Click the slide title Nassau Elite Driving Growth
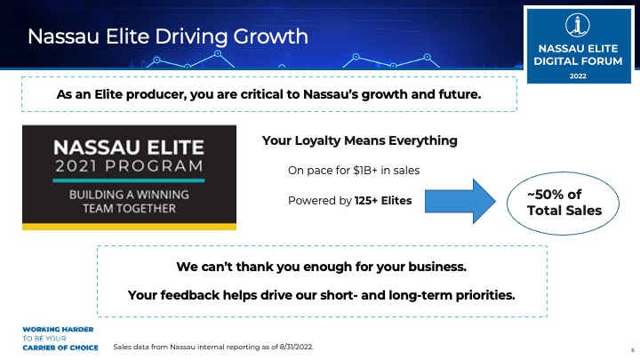tap(168, 36)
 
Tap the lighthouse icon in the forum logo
tap(578, 25)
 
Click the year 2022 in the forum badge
tap(578, 76)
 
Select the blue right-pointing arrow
tap(460, 201)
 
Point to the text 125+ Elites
tap(383, 201)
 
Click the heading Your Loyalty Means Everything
tap(360, 140)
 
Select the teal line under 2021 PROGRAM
tap(129, 180)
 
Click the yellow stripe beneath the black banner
tap(129, 227)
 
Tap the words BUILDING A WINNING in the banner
tap(129, 195)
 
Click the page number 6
tap(633, 350)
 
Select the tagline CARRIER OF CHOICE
tap(60, 348)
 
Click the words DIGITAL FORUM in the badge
tap(578, 61)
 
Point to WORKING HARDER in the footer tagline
tap(58, 330)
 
